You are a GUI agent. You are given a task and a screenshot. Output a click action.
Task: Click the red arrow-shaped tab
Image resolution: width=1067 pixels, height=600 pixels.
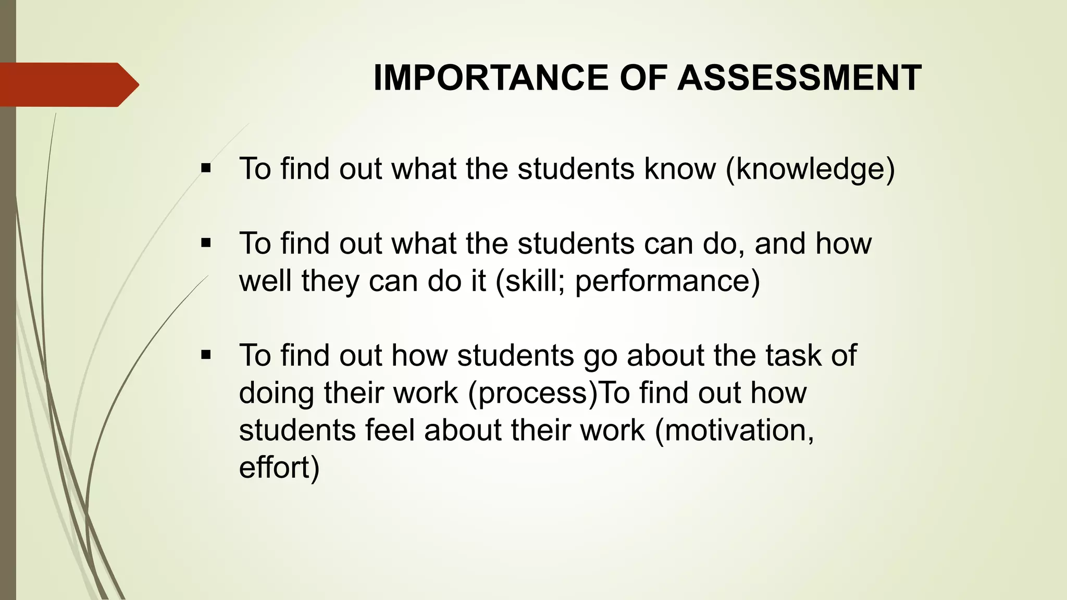(x=68, y=84)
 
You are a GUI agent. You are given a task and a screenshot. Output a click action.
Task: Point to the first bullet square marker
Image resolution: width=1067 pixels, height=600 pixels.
(x=206, y=168)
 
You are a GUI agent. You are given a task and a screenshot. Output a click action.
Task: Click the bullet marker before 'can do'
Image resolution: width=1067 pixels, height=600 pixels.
(x=206, y=243)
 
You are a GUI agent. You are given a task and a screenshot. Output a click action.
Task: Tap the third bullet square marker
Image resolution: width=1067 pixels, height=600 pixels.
(x=206, y=355)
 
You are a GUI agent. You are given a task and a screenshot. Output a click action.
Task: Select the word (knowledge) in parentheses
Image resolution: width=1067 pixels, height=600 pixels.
(x=810, y=169)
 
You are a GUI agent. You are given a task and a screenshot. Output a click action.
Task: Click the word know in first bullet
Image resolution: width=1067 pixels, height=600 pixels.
(x=679, y=169)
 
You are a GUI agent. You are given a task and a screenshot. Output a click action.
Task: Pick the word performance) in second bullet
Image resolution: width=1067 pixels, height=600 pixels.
(x=667, y=281)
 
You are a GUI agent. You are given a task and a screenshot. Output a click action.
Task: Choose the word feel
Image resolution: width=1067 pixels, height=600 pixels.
(x=389, y=430)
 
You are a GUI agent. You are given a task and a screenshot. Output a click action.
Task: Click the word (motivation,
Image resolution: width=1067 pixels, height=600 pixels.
(x=734, y=430)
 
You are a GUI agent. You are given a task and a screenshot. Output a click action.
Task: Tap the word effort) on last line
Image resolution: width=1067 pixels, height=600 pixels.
(x=279, y=467)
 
